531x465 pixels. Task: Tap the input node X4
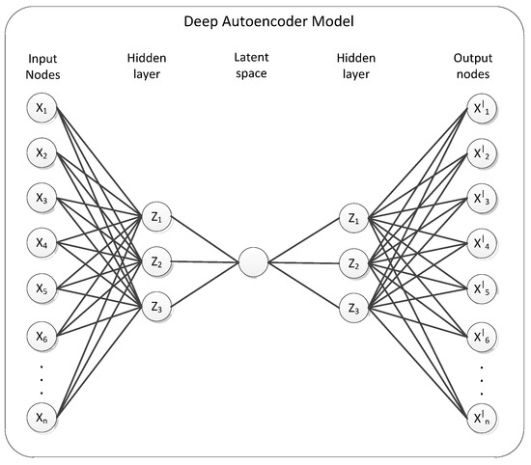(42, 242)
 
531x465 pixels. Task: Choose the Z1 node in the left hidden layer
(156, 218)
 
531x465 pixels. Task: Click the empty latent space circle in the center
(253, 261)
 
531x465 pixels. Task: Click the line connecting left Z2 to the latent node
(205, 261)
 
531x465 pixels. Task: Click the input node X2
(42, 153)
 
